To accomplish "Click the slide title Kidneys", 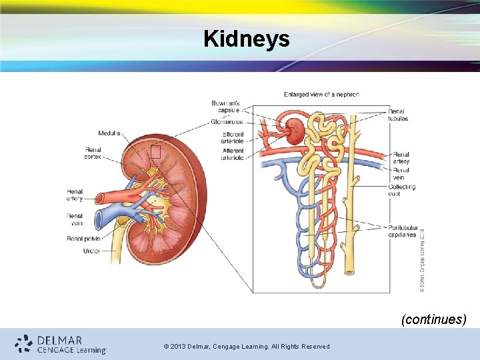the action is [247, 39].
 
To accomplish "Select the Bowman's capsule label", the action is [225, 107].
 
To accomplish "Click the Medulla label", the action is [109, 133].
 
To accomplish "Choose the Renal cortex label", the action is [93, 153].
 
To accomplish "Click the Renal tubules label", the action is [398, 115].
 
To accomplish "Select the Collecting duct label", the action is [401, 190].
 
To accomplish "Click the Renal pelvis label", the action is [83, 239].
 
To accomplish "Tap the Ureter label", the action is [92, 251].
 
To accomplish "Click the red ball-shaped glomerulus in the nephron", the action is [294, 131].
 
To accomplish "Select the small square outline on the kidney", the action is [155, 153].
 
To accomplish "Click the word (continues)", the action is [433, 319].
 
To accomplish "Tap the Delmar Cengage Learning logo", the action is [61, 344].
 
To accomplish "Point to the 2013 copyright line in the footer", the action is [246, 346].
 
